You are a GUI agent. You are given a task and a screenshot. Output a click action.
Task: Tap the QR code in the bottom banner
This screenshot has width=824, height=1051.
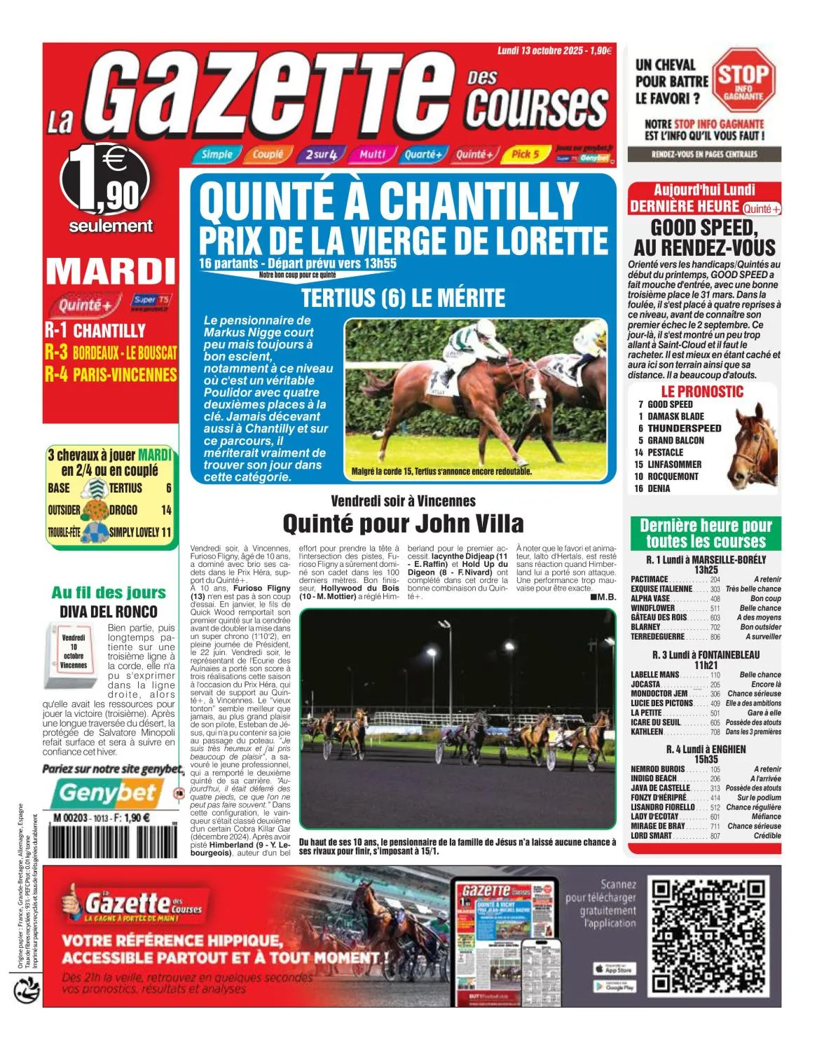point(712,937)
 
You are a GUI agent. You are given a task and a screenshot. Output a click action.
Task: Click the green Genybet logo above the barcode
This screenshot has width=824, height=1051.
point(107,792)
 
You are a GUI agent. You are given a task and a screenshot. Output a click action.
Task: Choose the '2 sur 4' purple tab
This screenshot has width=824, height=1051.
point(320,154)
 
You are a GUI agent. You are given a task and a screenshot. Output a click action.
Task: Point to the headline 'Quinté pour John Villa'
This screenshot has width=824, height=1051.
point(403,523)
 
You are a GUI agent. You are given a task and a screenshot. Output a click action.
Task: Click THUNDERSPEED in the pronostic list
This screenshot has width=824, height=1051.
point(684,428)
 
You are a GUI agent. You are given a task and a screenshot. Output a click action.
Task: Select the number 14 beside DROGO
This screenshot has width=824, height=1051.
point(166,510)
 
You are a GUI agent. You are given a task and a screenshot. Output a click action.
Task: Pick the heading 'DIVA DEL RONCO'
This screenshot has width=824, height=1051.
point(108,612)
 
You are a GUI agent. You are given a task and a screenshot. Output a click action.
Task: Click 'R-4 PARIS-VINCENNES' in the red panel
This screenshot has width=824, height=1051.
point(111,374)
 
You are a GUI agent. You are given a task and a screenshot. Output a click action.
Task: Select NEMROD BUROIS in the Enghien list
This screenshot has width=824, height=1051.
point(657,769)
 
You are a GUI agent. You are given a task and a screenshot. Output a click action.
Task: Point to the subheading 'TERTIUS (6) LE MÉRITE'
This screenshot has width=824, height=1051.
point(403,298)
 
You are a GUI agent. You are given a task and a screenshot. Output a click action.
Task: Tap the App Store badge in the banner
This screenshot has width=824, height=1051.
point(614,969)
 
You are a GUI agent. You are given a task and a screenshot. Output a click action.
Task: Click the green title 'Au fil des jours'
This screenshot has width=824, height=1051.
point(109,593)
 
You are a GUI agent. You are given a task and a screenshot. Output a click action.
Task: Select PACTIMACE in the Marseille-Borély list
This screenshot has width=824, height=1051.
point(650,579)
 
